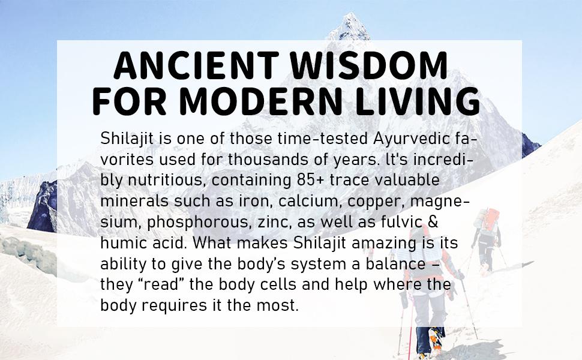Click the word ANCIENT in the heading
click(x=196, y=65)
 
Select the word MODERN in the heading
click(x=261, y=101)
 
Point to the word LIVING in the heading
click(x=418, y=101)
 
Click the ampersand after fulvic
click(x=433, y=222)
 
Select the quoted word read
click(x=159, y=284)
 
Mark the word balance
click(x=395, y=264)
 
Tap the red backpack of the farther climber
click(x=492, y=221)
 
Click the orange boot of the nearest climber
click(x=434, y=338)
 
